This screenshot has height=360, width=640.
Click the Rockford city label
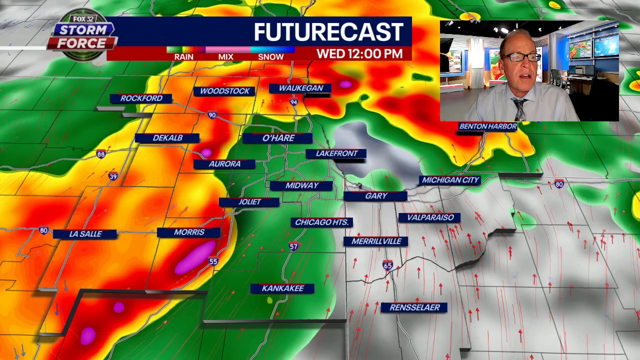[x=141, y=98]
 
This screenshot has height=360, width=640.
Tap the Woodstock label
[x=224, y=91]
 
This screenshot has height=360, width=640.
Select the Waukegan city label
[x=300, y=88]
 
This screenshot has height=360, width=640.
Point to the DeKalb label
[x=167, y=138]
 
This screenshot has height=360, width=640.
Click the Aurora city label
[x=224, y=164]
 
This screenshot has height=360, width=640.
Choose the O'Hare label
[x=278, y=138]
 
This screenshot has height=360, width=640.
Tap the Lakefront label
[x=336, y=153]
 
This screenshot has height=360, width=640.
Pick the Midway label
[x=301, y=185]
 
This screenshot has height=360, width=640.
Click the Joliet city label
[x=249, y=202]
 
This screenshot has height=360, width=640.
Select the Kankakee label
[x=282, y=288]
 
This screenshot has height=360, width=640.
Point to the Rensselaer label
[x=414, y=307]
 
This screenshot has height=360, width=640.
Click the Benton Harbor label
[x=487, y=126]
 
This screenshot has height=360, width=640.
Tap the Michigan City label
[x=450, y=180]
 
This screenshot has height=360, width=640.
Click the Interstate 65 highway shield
[x=387, y=265]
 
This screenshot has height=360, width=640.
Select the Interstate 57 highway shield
[x=293, y=246]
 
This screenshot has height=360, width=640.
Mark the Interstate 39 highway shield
[x=113, y=176]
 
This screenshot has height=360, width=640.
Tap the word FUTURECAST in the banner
[x=328, y=32]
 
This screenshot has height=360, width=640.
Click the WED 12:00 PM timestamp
[x=359, y=54]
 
